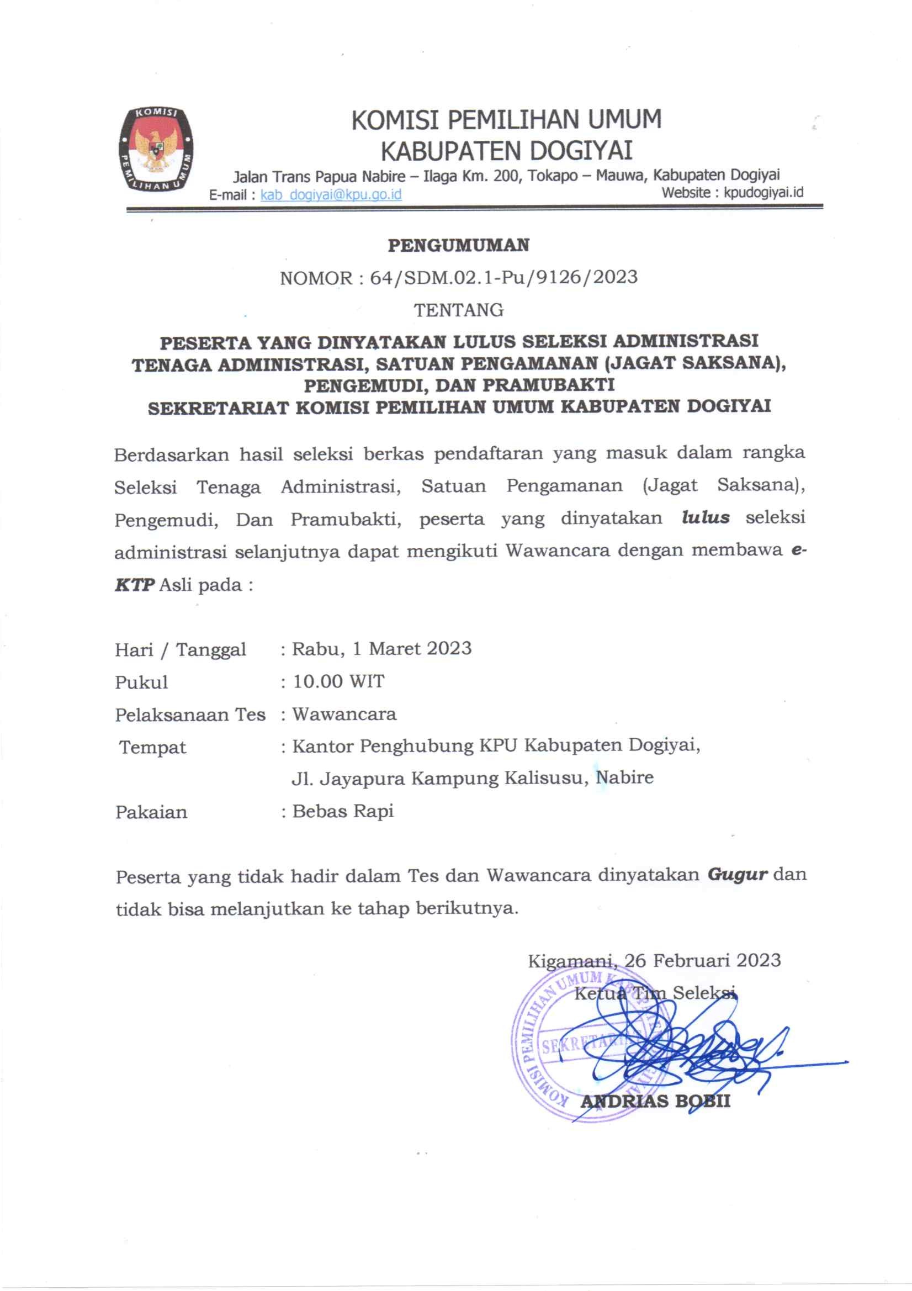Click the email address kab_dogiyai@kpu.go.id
(331, 194)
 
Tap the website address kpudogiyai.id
(763, 192)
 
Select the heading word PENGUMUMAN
(458, 245)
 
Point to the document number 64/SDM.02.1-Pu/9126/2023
(503, 277)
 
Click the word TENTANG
(458, 310)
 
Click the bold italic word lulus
(705, 517)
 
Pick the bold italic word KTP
(134, 585)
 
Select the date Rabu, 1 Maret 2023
(382, 648)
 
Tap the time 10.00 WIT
(338, 681)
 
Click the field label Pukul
(141, 682)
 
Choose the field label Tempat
(152, 747)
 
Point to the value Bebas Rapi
(343, 811)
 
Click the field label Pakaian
(151, 812)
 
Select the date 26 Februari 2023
(702, 960)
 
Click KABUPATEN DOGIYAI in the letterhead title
(506, 151)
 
